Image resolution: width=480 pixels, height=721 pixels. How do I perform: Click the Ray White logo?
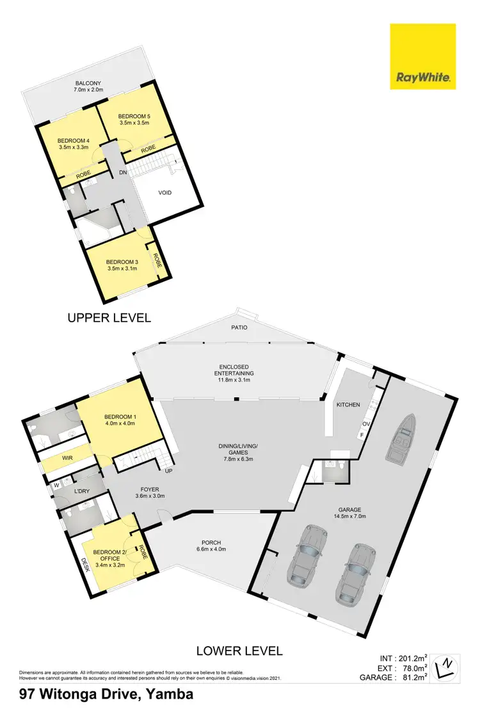click(x=423, y=56)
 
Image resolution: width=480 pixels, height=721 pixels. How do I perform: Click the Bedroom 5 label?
click(x=134, y=116)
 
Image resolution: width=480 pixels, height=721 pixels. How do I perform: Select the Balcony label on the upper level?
click(x=88, y=83)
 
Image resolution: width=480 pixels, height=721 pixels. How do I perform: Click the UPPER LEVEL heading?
click(x=109, y=317)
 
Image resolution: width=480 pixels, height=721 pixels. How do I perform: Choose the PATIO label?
click(x=239, y=327)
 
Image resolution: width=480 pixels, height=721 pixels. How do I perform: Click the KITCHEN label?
click(x=348, y=405)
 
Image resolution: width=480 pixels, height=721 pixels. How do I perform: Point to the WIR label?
click(x=67, y=459)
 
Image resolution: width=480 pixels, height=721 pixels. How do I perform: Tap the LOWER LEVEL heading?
click(x=239, y=651)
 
